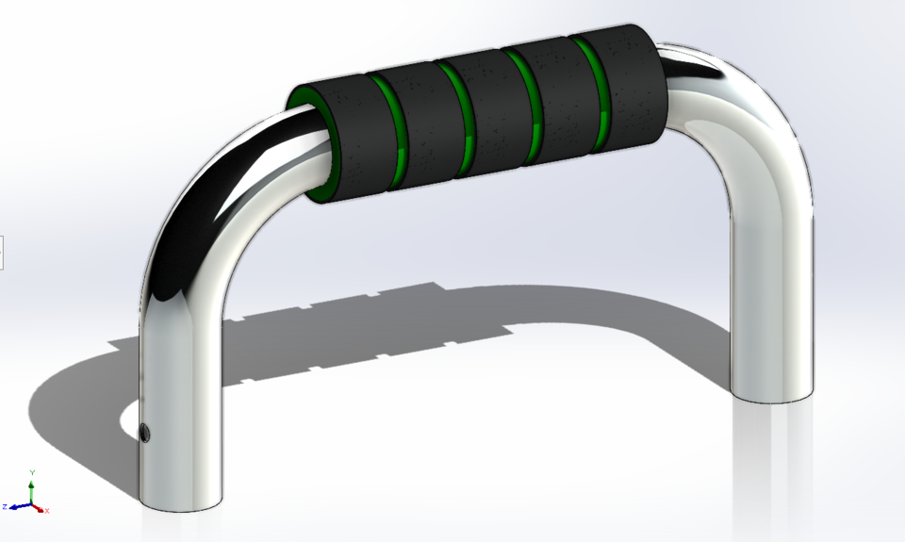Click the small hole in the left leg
(144, 433)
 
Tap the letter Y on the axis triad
(32, 471)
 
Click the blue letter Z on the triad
(6, 507)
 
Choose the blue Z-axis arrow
(19, 506)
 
